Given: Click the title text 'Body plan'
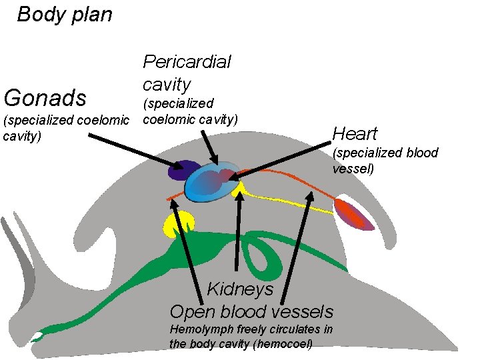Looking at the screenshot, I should pyautogui.click(x=65, y=15).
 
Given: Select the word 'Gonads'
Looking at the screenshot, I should pyautogui.click(x=45, y=98).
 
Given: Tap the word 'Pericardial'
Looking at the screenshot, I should pyautogui.click(x=187, y=62).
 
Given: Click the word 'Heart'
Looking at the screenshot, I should pyautogui.click(x=355, y=134).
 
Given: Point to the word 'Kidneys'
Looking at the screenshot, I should pyautogui.click(x=240, y=289).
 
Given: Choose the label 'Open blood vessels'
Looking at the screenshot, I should pyautogui.click(x=251, y=311).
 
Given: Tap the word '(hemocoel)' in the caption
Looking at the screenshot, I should pyautogui.click(x=279, y=343).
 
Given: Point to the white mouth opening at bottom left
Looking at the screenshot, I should pyautogui.click(x=38, y=336).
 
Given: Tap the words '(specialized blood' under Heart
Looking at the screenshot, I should pyautogui.click(x=385, y=153).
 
